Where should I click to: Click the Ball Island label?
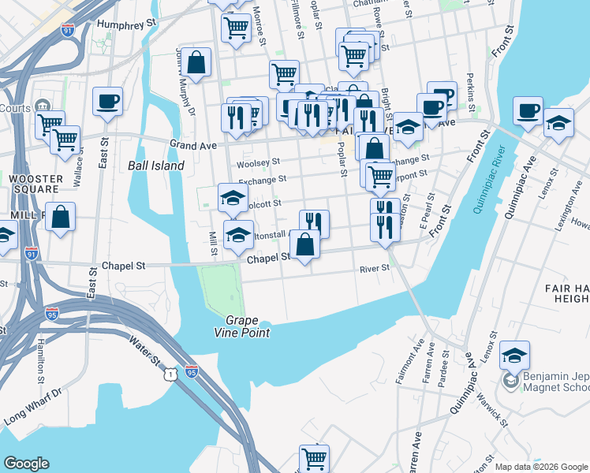click(155, 166)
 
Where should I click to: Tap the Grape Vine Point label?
click(248, 326)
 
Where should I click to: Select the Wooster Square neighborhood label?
click(35, 184)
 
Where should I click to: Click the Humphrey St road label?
click(126, 24)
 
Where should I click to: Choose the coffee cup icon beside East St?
click(107, 101)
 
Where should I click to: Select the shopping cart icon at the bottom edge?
click(314, 458)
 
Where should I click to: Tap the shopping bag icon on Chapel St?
click(305, 245)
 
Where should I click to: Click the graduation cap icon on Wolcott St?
click(233, 198)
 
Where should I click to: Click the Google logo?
click(26, 464)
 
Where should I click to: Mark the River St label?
click(375, 268)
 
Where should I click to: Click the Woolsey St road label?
click(258, 162)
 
